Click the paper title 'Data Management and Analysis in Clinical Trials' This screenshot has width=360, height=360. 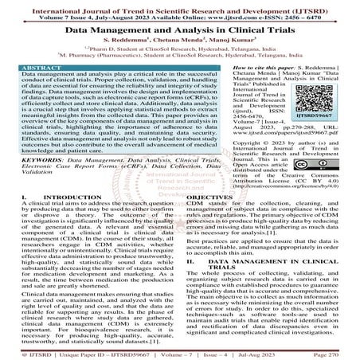180,28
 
